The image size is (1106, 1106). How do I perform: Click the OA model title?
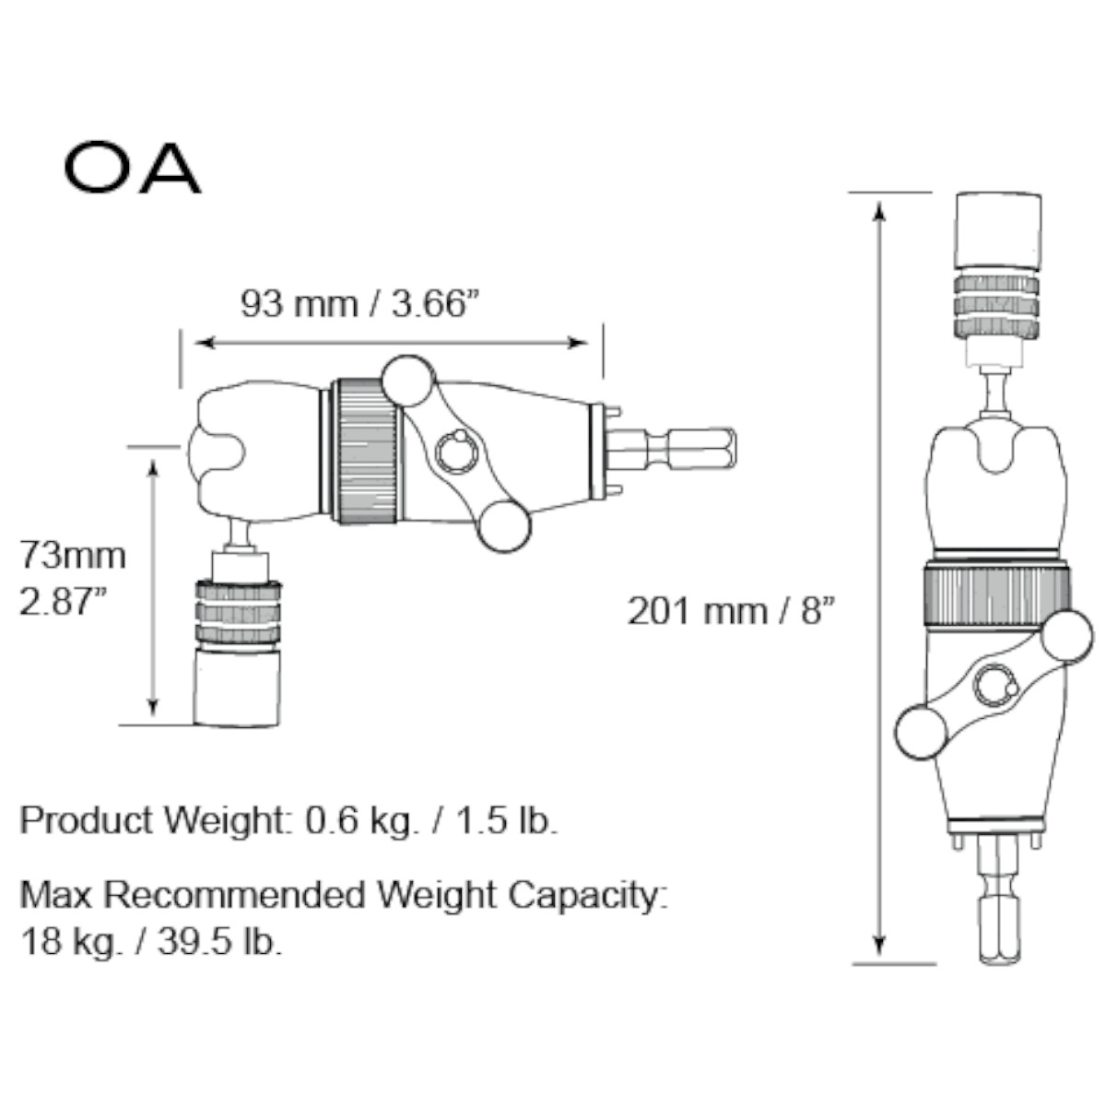pyautogui.click(x=132, y=168)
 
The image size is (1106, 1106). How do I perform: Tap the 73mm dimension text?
pyautogui.click(x=73, y=556)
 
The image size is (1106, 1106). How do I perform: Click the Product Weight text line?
pyautogui.click(x=288, y=820)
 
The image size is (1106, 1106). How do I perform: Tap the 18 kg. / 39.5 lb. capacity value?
pyautogui.click(x=151, y=942)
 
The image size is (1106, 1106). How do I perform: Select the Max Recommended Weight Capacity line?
pyautogui.click(x=343, y=894)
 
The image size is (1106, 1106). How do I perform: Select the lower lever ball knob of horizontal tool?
pyautogui.click(x=503, y=525)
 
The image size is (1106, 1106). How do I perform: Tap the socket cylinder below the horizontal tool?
pyautogui.click(x=236, y=686)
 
